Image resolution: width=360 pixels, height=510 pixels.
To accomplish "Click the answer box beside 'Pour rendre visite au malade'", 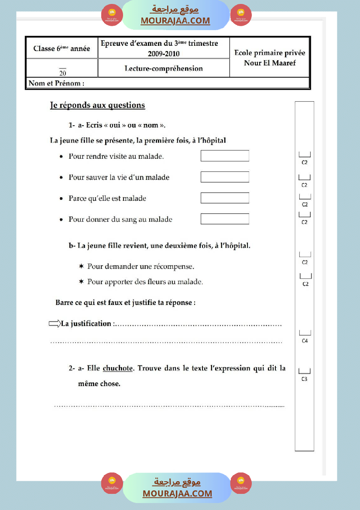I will click(225, 156).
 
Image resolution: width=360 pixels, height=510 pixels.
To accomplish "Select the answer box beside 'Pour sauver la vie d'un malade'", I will click(225, 177).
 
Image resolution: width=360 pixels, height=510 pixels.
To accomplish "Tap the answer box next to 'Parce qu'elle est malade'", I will click(225, 198).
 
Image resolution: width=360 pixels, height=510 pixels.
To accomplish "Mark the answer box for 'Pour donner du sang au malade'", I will click(225, 219).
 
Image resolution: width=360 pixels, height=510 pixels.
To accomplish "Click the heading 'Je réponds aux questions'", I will click(97, 105).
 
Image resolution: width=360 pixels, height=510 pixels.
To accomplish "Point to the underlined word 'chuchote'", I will click(118, 368).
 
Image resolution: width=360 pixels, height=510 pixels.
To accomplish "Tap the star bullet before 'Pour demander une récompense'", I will click(81, 266).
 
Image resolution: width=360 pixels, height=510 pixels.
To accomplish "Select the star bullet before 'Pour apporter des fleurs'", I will click(81, 281).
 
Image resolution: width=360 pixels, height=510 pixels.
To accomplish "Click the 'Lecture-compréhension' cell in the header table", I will click(164, 68).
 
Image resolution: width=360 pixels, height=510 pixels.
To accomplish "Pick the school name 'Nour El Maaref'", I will click(270, 63).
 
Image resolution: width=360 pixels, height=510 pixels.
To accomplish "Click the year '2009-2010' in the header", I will click(164, 54).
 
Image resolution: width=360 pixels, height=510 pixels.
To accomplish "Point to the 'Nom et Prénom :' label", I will click(56, 83).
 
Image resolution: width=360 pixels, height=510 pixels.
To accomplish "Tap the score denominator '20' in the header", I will click(62, 73).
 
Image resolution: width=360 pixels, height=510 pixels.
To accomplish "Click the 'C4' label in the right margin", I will click(305, 341).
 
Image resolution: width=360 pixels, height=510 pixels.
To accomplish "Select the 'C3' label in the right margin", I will click(304, 379).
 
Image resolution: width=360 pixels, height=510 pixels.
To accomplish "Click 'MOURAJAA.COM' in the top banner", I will click(175, 21).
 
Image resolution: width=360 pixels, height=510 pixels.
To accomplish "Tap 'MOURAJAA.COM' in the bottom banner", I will click(177, 493).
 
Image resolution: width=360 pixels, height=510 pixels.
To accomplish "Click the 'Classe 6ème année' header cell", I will click(62, 48).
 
